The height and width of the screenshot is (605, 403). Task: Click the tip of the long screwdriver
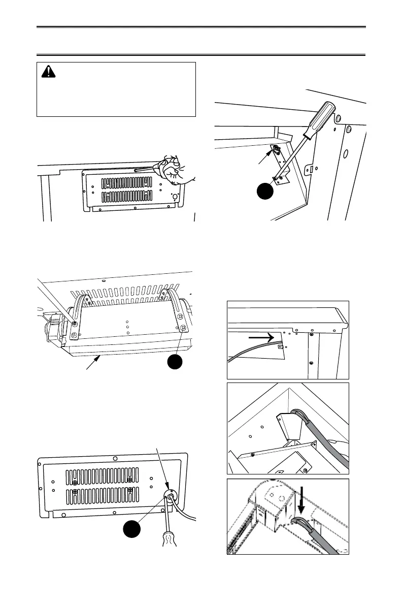pos(275,178)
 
